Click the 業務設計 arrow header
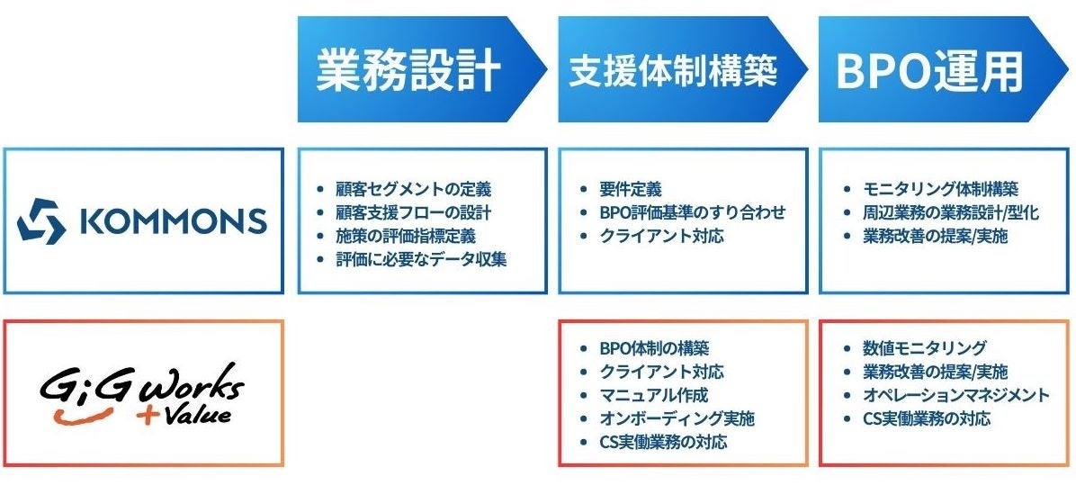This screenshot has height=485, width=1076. (409, 69)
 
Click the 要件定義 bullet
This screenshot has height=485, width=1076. (630, 190)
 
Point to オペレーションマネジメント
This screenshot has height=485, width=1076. (955, 395)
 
